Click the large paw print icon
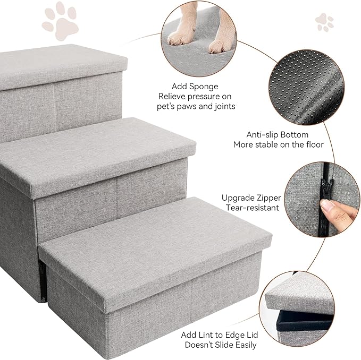tap(60, 21)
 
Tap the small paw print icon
tap(325, 22)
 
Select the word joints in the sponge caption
tap(225, 106)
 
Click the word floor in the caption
tap(315, 145)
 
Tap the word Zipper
tap(268, 198)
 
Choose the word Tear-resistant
tap(253, 208)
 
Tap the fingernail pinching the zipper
tap(326, 206)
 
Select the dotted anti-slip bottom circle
tap(306, 88)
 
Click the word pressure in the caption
tap(199, 97)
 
